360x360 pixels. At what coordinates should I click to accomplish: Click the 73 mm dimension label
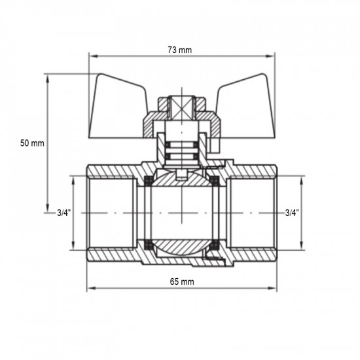coord(179,49)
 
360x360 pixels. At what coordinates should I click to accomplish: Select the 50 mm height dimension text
coord(33,143)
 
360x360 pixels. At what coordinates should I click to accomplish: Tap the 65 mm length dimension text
coord(181,281)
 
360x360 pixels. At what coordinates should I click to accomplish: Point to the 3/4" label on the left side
coord(64,212)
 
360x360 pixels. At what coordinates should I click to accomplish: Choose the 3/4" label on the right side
coord(293,212)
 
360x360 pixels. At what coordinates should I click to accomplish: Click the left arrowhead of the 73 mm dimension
coord(91,56)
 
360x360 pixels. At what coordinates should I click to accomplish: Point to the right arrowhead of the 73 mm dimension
coord(270,56)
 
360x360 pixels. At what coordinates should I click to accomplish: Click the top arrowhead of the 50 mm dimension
coord(48,77)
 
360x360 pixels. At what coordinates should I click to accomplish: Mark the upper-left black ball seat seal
coord(149,179)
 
